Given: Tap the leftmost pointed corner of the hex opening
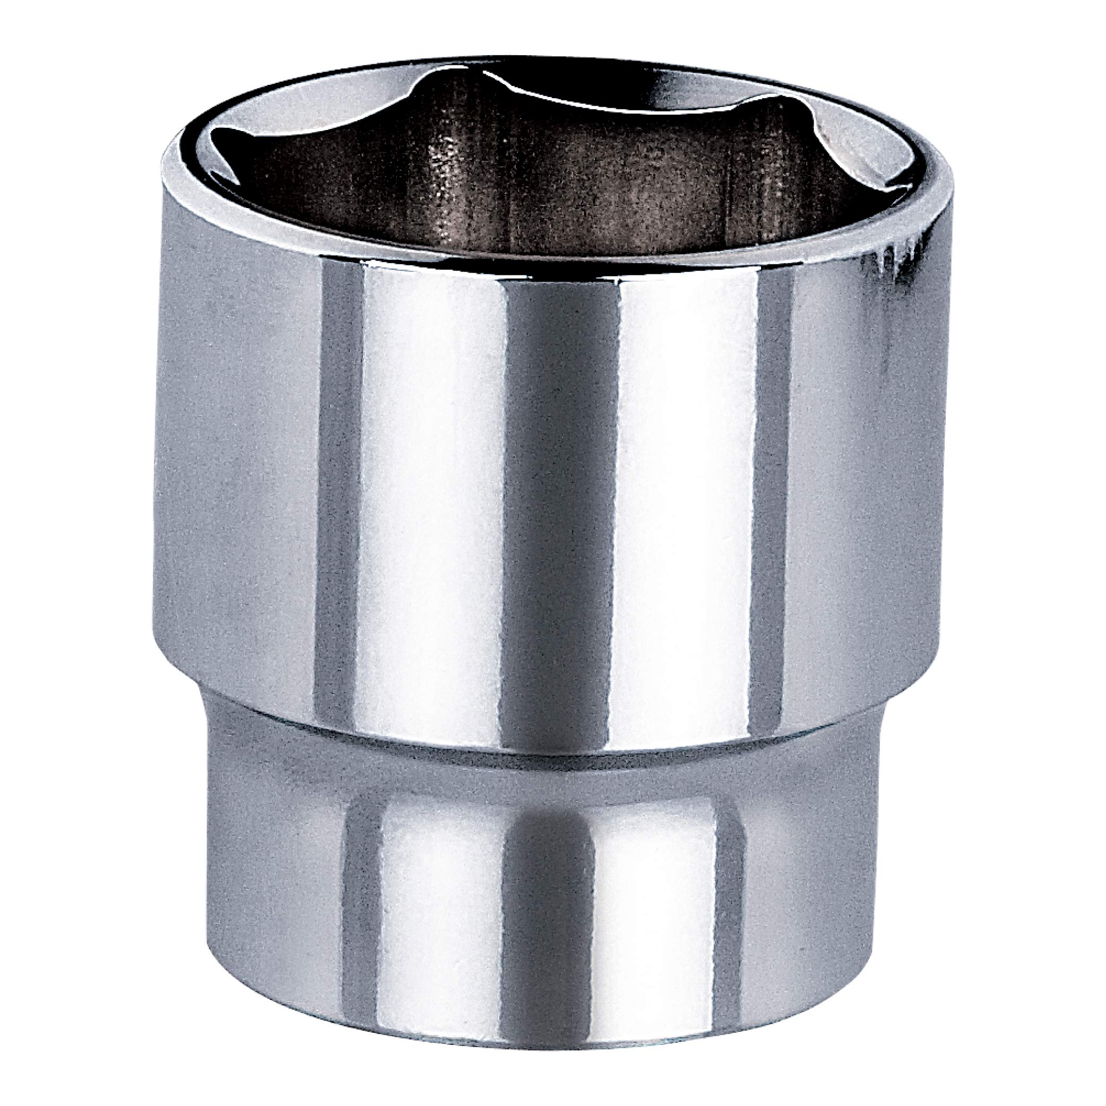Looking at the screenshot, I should pos(213,150).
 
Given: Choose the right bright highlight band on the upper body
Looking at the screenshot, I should pos(687,487).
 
